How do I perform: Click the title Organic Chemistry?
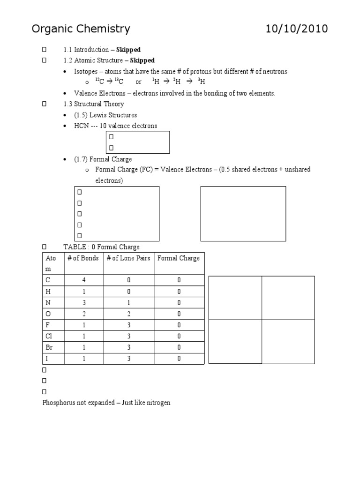(81, 29)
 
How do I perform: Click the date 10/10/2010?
(297, 29)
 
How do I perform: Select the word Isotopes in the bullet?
(86, 71)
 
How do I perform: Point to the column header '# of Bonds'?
(83, 258)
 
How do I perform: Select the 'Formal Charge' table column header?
(179, 258)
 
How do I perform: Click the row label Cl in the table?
(49, 336)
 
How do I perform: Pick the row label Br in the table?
(49, 347)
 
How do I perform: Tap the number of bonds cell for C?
(83, 280)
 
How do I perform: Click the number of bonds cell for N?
(83, 302)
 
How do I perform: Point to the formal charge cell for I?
(179, 359)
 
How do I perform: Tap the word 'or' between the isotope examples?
(138, 82)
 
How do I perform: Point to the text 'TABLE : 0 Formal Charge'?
(101, 247)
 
